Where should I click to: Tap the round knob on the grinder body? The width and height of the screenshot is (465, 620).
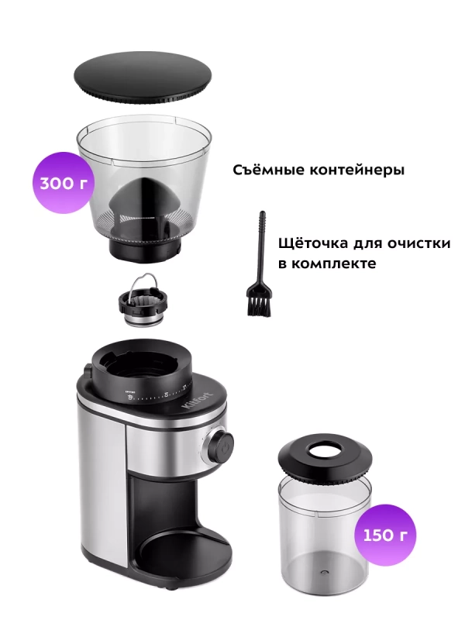point(220,443)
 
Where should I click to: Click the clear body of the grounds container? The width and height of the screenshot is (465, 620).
point(324,527)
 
